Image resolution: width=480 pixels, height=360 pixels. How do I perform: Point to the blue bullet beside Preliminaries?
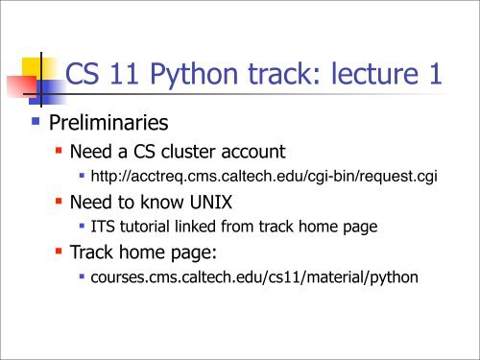pos(36,121)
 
